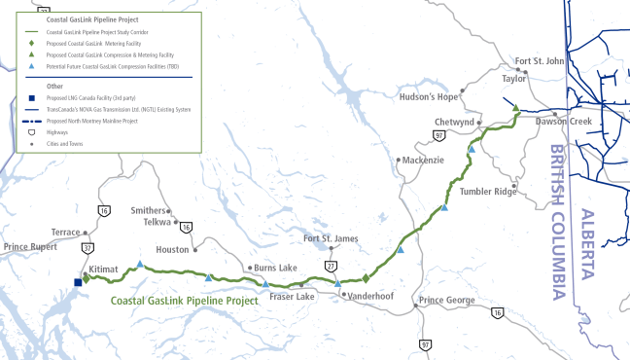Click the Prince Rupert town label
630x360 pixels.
click(32, 247)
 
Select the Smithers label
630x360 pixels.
click(149, 210)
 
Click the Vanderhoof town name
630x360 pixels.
click(368, 294)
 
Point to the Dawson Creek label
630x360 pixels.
click(565, 122)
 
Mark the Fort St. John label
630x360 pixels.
click(540, 60)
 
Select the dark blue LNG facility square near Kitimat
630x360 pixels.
click(78, 282)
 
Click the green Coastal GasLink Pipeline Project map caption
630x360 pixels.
click(184, 301)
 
